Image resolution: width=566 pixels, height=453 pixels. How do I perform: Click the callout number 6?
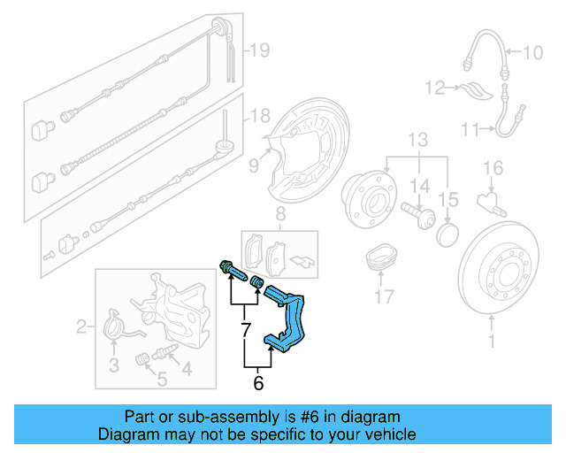click(x=258, y=383)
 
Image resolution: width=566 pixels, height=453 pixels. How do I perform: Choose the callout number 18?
click(x=257, y=116)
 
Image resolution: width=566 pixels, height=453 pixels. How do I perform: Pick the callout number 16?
click(x=492, y=167)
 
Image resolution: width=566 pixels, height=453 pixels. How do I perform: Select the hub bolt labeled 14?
click(x=416, y=213)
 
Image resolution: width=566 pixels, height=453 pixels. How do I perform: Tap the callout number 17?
click(x=383, y=297)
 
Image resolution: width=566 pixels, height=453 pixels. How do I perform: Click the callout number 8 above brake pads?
click(x=279, y=214)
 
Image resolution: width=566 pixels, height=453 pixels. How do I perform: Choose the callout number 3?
click(x=113, y=365)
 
